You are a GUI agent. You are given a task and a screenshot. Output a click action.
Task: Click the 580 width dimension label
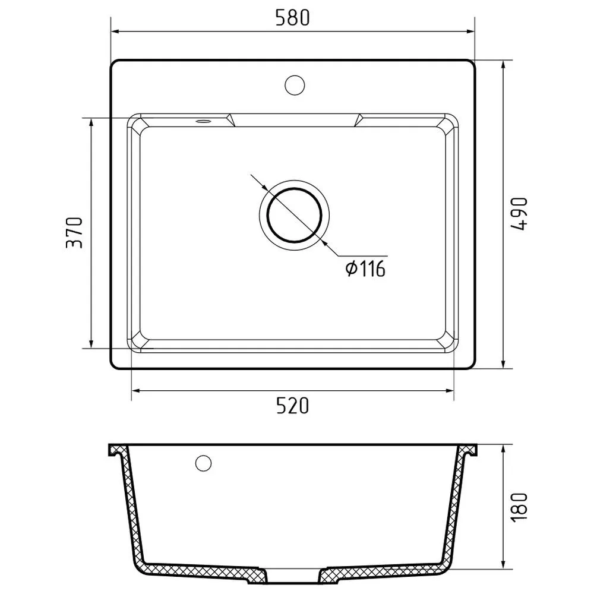[292, 18]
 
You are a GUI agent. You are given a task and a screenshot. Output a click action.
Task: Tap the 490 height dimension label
[519, 214]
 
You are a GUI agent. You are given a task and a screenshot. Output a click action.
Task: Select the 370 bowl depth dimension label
[74, 233]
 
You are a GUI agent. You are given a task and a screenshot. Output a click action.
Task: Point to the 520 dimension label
[292, 406]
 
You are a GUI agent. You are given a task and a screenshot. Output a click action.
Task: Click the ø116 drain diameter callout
[365, 269]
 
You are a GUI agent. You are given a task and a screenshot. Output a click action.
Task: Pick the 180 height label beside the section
[519, 507]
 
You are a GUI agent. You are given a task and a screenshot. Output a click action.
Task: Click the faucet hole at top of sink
[295, 85]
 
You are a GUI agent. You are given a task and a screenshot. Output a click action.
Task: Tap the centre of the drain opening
[295, 215]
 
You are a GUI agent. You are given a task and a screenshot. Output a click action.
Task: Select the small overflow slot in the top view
[203, 121]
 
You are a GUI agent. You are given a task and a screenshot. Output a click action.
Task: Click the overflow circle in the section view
[203, 463]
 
